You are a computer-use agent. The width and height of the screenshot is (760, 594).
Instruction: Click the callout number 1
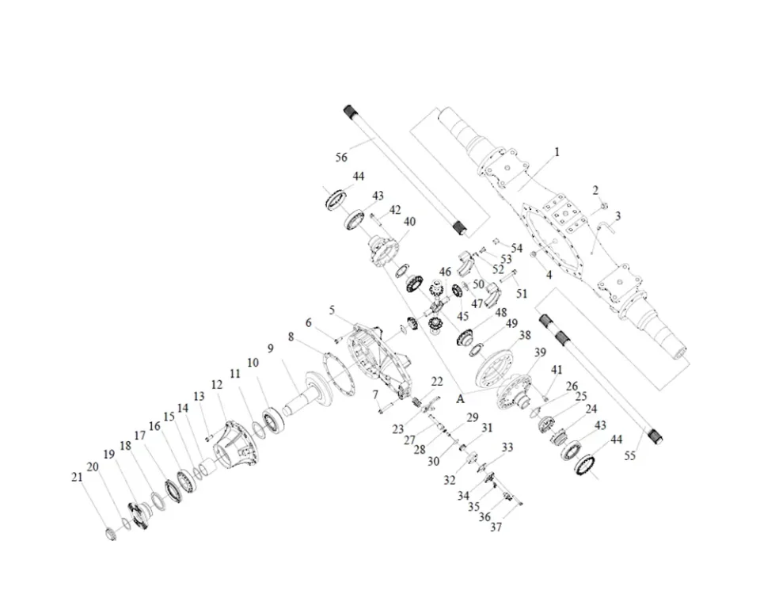(x=557, y=152)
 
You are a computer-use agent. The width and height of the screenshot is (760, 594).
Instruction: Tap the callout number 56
(x=342, y=157)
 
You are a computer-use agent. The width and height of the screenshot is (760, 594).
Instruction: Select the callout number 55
(x=629, y=455)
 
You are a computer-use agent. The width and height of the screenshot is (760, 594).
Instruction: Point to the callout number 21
(x=77, y=477)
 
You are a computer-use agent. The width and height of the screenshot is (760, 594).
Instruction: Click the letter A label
(x=461, y=399)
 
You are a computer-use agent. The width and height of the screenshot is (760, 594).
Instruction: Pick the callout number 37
(x=496, y=527)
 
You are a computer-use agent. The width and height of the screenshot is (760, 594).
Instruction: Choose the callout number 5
(x=332, y=310)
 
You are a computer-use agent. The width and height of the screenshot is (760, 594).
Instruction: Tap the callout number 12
(x=217, y=385)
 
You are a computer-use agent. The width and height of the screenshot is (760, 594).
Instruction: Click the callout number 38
(x=525, y=335)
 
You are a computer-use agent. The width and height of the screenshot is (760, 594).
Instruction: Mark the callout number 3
(x=618, y=215)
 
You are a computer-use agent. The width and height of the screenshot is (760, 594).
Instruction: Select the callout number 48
(x=500, y=313)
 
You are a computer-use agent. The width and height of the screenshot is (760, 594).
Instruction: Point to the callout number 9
(x=271, y=348)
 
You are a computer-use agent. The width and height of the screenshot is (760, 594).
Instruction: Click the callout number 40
(x=409, y=222)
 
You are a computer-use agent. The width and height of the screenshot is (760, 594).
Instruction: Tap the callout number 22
(x=437, y=382)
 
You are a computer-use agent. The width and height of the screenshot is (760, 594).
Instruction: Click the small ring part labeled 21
(x=111, y=533)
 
